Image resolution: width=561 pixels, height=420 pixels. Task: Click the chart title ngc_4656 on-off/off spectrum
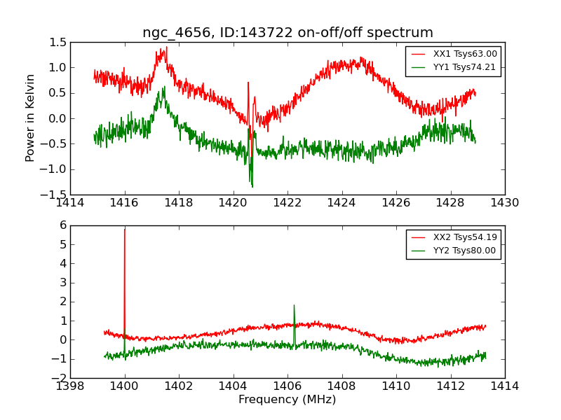pyautogui.click(x=288, y=33)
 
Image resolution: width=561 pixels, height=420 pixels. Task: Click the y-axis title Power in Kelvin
pyautogui.click(x=30, y=118)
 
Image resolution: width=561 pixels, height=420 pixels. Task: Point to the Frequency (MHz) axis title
pyautogui.click(x=287, y=400)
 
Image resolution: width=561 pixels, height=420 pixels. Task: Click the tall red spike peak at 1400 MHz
pyautogui.click(x=125, y=230)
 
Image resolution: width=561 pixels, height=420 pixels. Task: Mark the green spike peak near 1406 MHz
pyautogui.click(x=294, y=305)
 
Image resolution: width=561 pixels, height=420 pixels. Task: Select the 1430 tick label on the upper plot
pyautogui.click(x=504, y=203)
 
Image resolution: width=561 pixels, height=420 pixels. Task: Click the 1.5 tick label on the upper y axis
pyautogui.click(x=59, y=42)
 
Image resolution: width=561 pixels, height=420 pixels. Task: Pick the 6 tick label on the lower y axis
pyautogui.click(x=63, y=225)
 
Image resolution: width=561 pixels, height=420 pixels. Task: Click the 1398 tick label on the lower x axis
pyautogui.click(x=70, y=386)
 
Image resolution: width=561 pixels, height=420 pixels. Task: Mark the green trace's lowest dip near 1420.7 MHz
pyautogui.click(x=252, y=187)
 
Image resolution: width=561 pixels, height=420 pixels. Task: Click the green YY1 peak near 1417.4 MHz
pyautogui.click(x=163, y=87)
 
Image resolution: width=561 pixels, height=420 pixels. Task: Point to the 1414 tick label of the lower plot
pyautogui.click(x=504, y=386)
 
